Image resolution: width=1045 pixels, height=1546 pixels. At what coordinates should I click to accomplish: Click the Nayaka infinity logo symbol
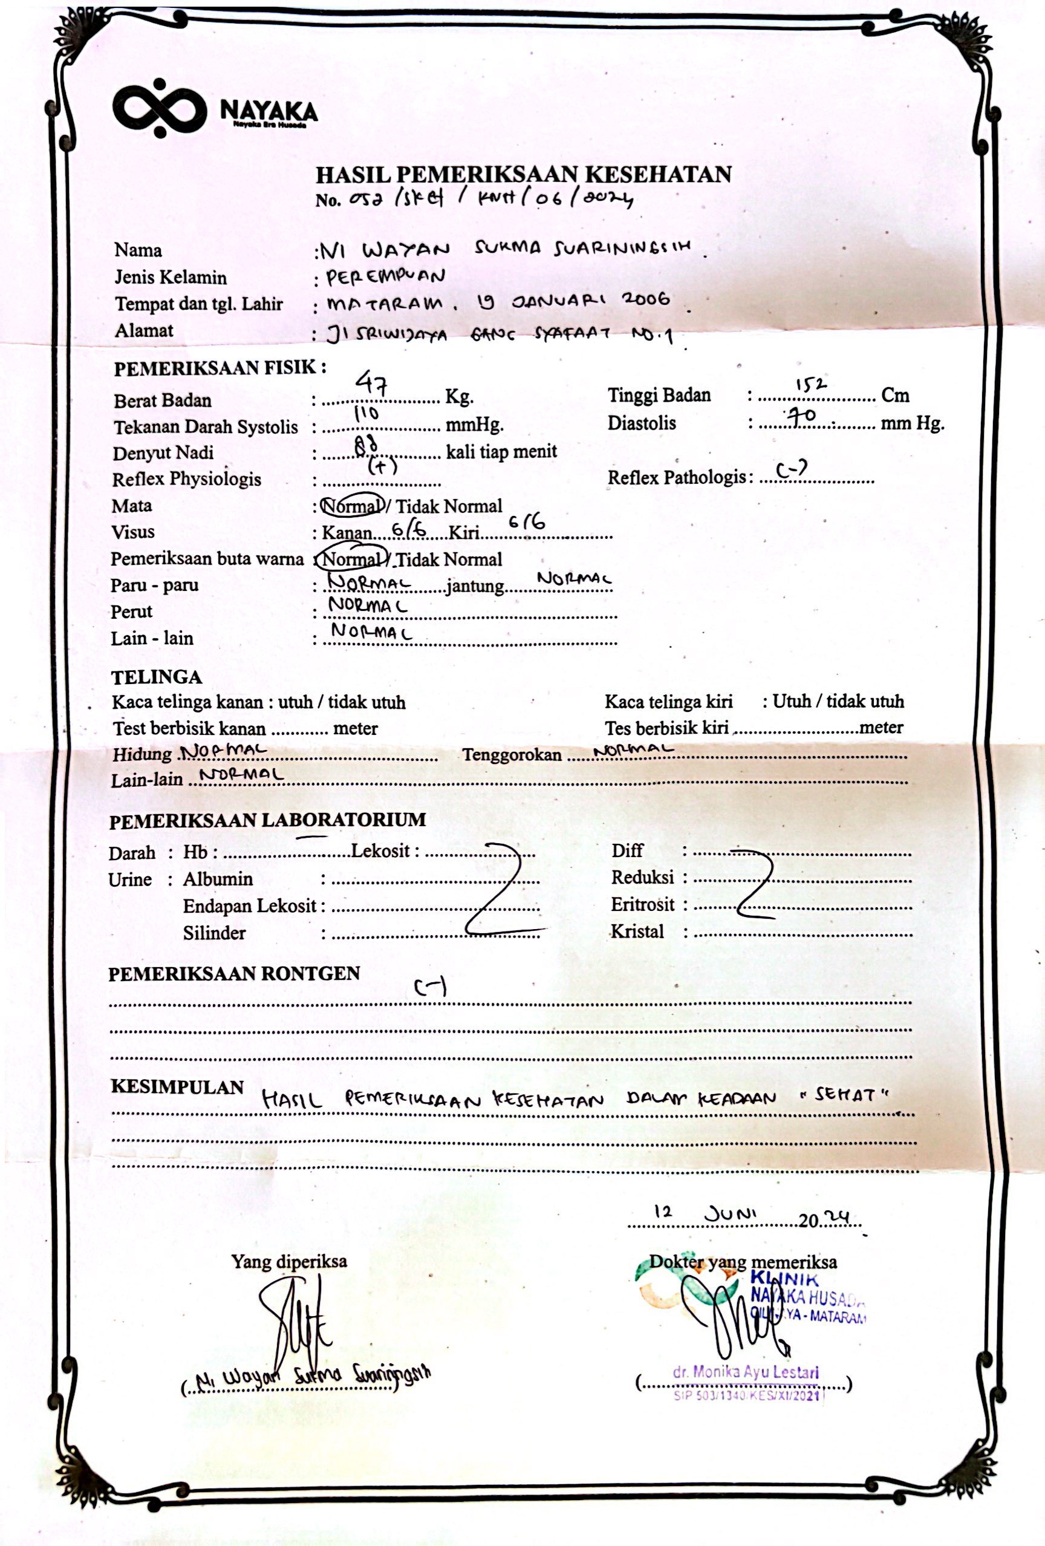pyautogui.click(x=160, y=108)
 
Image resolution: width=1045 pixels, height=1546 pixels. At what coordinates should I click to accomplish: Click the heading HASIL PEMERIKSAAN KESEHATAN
pyautogui.click(x=523, y=174)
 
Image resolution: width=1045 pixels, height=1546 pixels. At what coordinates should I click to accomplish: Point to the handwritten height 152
pyautogui.click(x=811, y=384)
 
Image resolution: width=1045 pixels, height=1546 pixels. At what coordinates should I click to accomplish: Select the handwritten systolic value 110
pyautogui.click(x=366, y=413)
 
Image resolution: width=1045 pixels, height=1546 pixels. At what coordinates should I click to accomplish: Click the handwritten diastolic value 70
pyautogui.click(x=801, y=416)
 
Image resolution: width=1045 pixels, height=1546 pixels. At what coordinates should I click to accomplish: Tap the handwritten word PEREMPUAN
pyautogui.click(x=385, y=276)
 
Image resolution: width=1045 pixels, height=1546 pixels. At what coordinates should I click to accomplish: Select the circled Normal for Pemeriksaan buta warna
pyautogui.click(x=353, y=559)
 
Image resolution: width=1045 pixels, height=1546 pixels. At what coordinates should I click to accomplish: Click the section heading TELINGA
pyautogui.click(x=156, y=677)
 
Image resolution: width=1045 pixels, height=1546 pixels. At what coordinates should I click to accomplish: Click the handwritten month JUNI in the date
pyautogui.click(x=731, y=1213)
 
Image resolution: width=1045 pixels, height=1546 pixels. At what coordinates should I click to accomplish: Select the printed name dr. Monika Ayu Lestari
pyautogui.click(x=746, y=1372)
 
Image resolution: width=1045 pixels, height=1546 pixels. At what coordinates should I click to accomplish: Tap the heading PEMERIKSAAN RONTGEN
pyautogui.click(x=234, y=974)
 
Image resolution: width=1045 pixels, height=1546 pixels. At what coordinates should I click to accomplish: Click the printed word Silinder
pyautogui.click(x=214, y=933)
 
